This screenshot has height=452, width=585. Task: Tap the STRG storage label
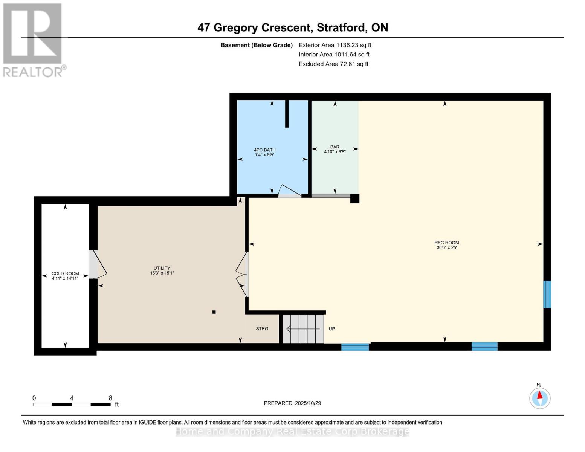(262, 329)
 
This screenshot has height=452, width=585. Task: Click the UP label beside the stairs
(331, 329)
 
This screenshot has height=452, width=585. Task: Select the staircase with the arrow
(303, 329)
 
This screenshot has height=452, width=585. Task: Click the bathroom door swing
(289, 191)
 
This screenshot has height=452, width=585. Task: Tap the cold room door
(97, 264)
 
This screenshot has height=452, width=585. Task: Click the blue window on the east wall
(547, 294)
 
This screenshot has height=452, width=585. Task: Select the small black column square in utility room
(214, 312)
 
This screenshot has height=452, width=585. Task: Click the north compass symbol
(540, 398)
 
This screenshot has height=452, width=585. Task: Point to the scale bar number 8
(110, 398)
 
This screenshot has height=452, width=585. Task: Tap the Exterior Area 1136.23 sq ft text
(335, 45)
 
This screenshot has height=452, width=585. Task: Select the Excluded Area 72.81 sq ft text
(333, 64)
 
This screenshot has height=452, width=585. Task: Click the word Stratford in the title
(341, 27)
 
